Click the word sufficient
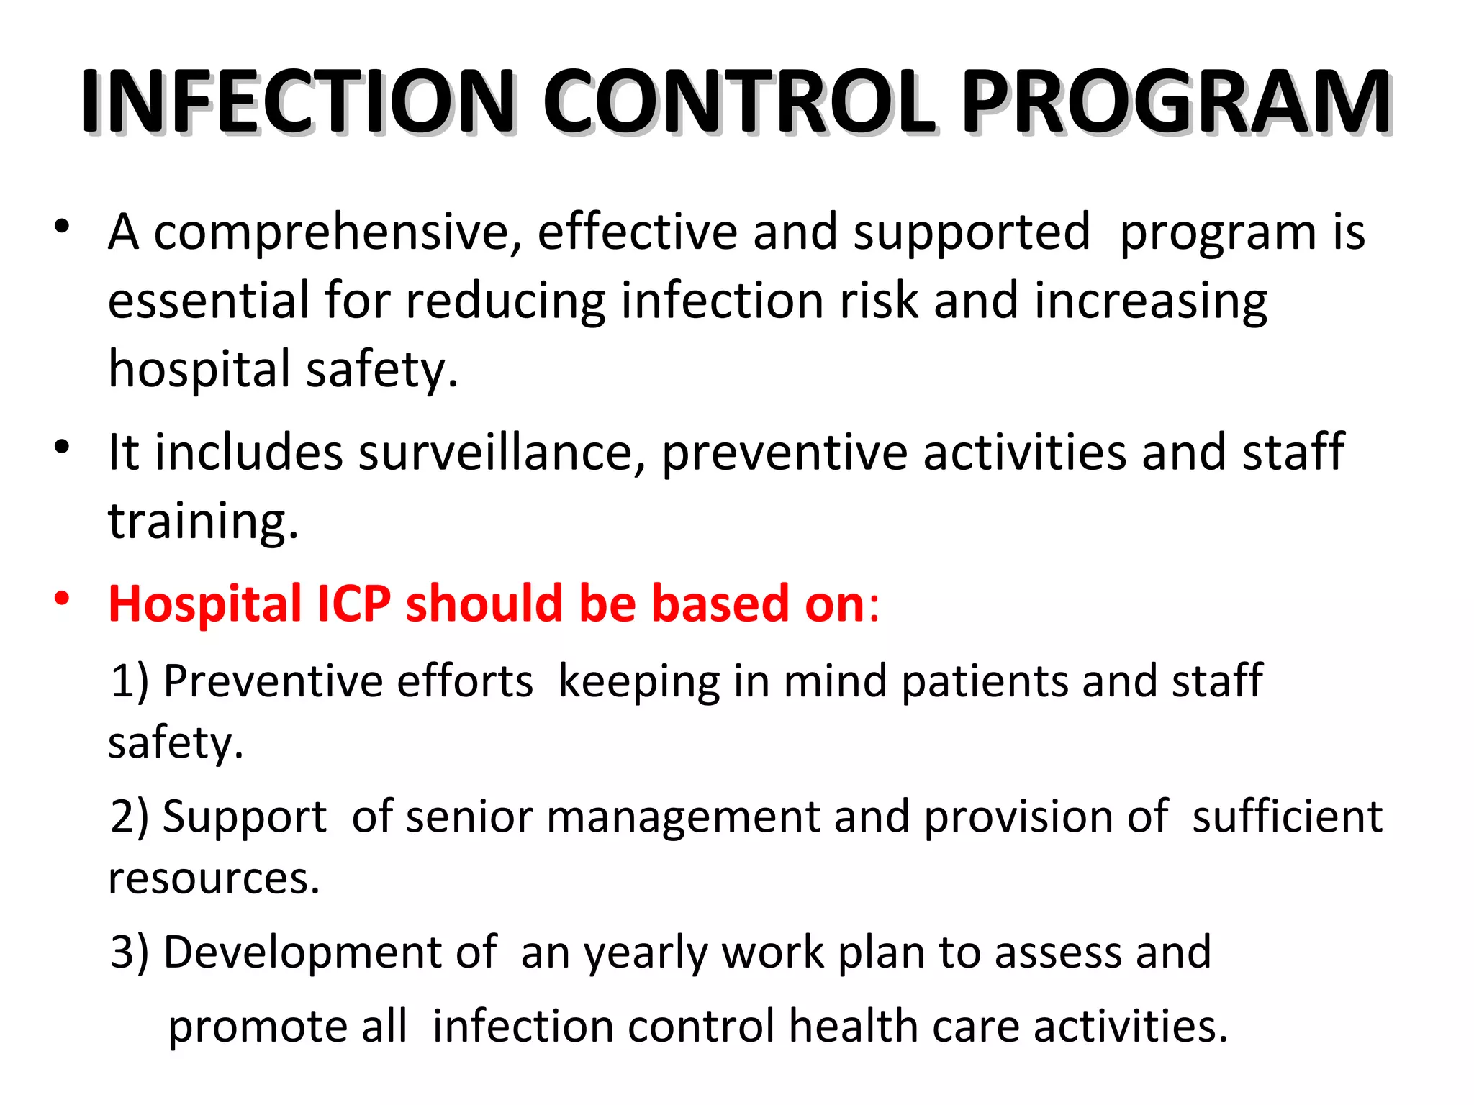click(x=1286, y=817)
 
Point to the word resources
click(x=213, y=879)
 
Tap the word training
click(x=202, y=521)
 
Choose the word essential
click(x=208, y=301)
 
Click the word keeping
click(x=638, y=682)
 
